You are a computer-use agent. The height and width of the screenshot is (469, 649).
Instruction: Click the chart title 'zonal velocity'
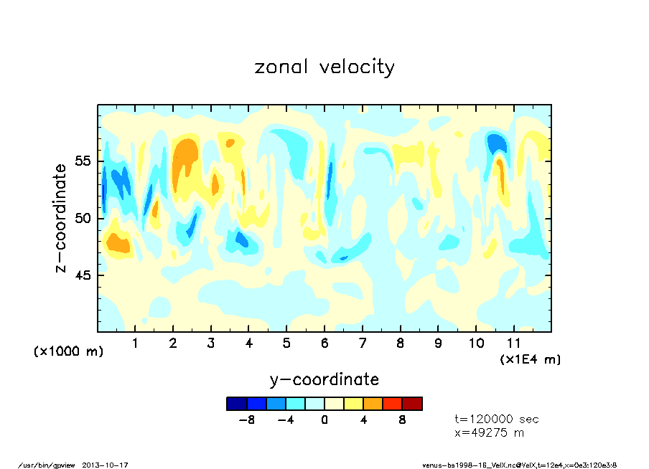(324, 67)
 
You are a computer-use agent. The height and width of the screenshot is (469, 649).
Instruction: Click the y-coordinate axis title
(324, 379)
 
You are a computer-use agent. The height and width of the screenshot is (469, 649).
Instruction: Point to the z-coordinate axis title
(62, 218)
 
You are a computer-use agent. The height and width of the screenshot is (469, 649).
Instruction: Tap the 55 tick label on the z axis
(83, 161)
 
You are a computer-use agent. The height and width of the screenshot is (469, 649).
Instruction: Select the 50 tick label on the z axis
(83, 218)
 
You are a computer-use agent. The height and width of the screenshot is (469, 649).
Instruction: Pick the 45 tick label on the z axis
(83, 275)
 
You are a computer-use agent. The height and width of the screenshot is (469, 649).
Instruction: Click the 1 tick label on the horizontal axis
(135, 344)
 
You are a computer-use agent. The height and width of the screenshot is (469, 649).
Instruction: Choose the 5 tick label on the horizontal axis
(286, 344)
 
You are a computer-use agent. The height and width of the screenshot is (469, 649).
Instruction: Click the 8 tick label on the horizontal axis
(400, 344)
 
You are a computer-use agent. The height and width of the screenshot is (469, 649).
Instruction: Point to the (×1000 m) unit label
(69, 351)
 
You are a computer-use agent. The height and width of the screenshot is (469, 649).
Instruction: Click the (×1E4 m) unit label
(531, 359)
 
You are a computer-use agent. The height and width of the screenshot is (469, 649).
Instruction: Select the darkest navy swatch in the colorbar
(236, 404)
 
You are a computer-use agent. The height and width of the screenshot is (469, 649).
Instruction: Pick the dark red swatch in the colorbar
(412, 404)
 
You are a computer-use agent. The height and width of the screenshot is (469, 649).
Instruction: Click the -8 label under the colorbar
(246, 420)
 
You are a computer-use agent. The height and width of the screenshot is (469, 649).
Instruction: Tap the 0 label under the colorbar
(324, 420)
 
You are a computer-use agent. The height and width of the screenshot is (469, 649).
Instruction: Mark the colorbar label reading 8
(403, 420)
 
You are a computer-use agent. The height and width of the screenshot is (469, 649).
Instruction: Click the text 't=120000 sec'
(497, 419)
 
